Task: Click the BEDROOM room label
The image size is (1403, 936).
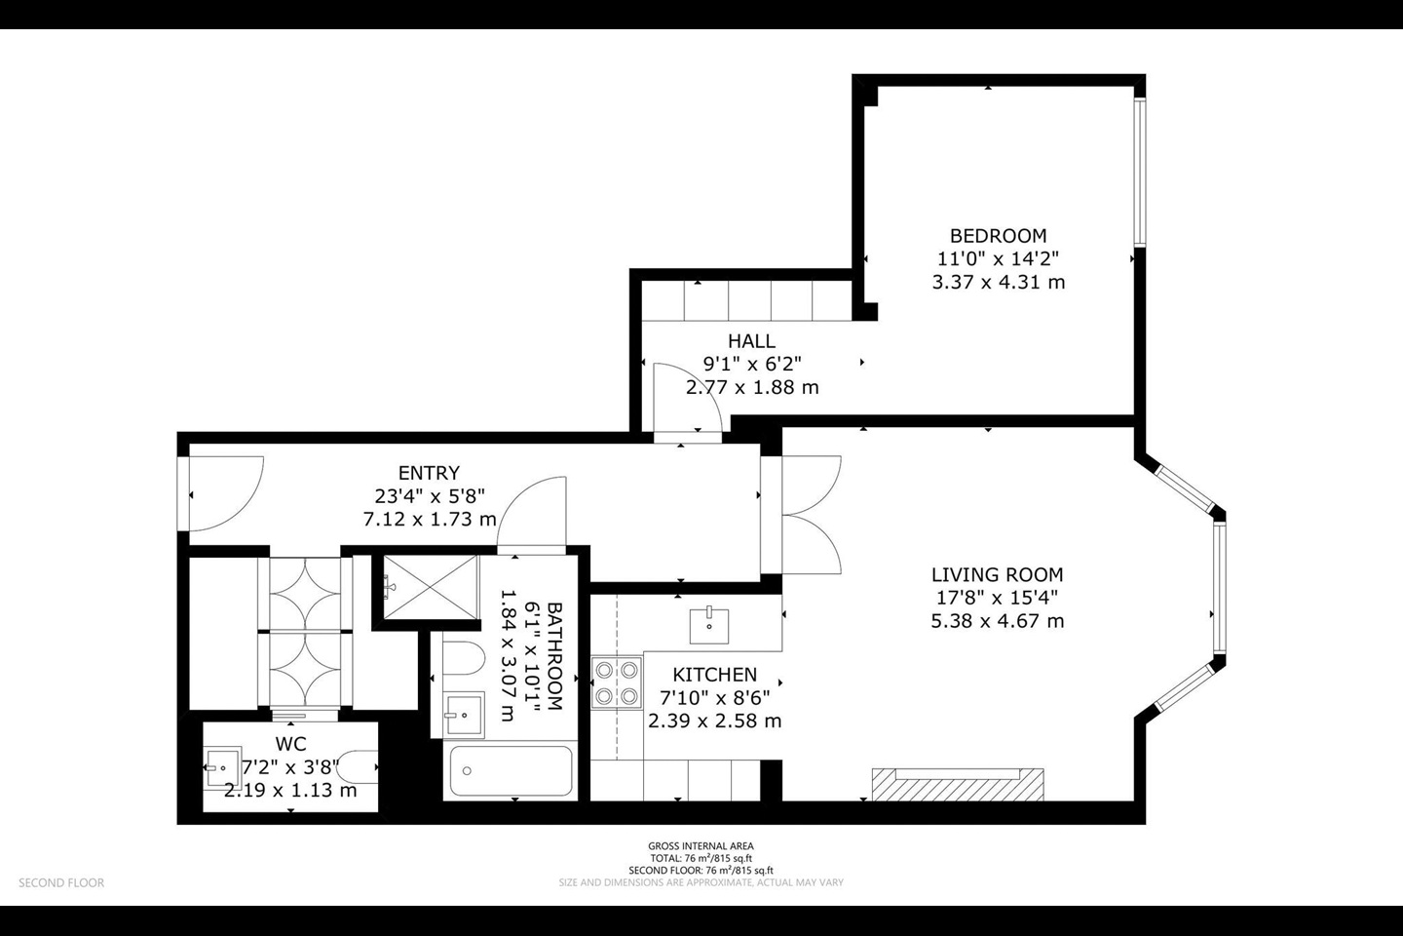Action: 998,236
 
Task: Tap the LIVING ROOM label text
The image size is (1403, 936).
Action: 997,575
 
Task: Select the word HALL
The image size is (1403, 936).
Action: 751,341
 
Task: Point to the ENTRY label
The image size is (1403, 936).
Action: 429,473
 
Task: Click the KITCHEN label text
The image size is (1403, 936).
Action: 715,675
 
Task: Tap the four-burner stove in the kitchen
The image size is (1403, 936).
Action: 617,682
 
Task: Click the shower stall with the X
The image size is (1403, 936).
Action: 431,587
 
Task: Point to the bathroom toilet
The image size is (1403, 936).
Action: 464,658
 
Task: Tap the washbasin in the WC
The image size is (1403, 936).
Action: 222,767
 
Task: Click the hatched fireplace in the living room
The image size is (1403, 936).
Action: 958,784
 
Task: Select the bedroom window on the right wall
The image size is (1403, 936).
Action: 1140,172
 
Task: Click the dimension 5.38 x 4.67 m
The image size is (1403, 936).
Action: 997,621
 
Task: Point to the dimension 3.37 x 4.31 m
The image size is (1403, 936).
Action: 999,282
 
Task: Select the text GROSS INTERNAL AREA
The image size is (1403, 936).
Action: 701,846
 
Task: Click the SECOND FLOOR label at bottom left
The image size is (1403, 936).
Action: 61,883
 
